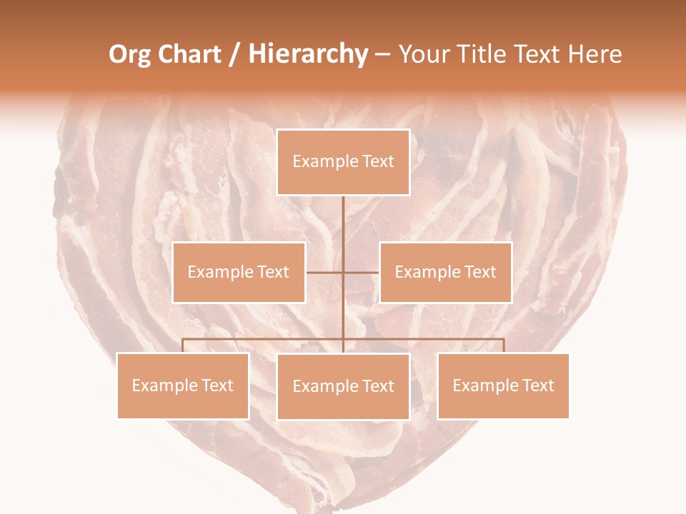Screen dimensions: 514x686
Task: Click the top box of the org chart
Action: pyautogui.click(x=343, y=162)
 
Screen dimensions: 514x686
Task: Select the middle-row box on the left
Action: pyautogui.click(x=239, y=272)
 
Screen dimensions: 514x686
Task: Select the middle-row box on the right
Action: pyautogui.click(x=445, y=272)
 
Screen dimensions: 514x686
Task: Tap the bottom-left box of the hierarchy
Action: pyautogui.click(x=183, y=385)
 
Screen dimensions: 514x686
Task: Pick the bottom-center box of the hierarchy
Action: pyautogui.click(x=343, y=386)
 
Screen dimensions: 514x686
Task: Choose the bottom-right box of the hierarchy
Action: pyautogui.click(x=503, y=385)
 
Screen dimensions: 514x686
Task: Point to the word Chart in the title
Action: pyautogui.click(x=189, y=54)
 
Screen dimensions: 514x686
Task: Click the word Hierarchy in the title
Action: pyautogui.click(x=307, y=54)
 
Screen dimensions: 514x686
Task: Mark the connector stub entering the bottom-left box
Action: pyautogui.click(x=183, y=346)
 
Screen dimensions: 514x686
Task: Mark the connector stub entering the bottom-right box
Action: pyautogui.click(x=503, y=346)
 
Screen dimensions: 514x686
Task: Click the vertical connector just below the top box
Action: pyautogui.click(x=343, y=214)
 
